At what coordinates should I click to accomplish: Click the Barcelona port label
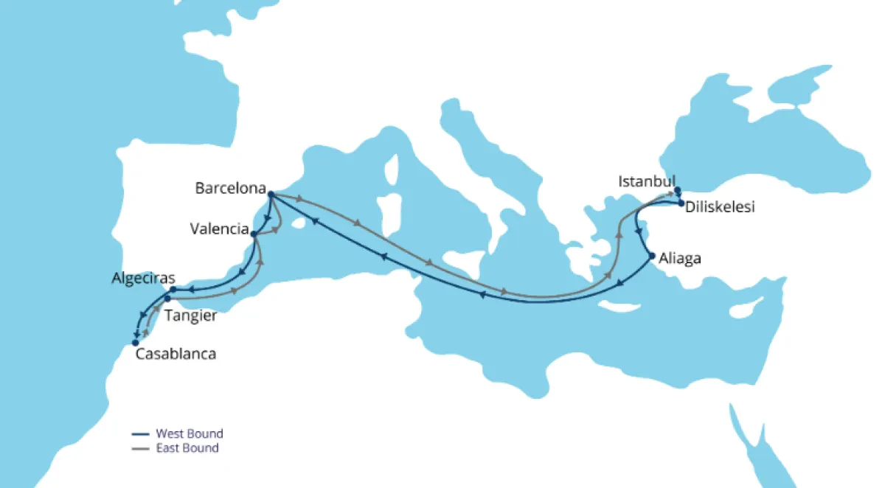[x=230, y=188]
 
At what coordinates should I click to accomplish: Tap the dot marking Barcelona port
[x=271, y=195]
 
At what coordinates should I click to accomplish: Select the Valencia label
[x=219, y=229]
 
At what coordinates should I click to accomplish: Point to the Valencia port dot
[x=254, y=235]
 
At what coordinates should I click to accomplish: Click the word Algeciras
[x=143, y=279]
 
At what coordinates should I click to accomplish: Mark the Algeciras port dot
[x=173, y=290]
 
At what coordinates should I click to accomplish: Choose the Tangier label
[x=191, y=316]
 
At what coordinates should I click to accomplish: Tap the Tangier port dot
[x=167, y=299]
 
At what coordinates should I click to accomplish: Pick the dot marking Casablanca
[x=135, y=343]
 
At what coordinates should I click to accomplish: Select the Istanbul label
[x=647, y=181]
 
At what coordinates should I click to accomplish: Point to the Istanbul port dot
[x=677, y=190]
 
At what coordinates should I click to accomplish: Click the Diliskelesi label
[x=720, y=208]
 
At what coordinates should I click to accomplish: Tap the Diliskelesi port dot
[x=681, y=203]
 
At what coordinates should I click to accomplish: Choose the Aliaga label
[x=680, y=259]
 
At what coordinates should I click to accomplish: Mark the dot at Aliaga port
[x=652, y=256]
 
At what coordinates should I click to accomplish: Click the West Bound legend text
[x=189, y=433]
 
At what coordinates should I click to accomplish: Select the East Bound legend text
[x=187, y=448]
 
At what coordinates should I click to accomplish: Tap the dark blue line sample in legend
[x=141, y=434]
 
